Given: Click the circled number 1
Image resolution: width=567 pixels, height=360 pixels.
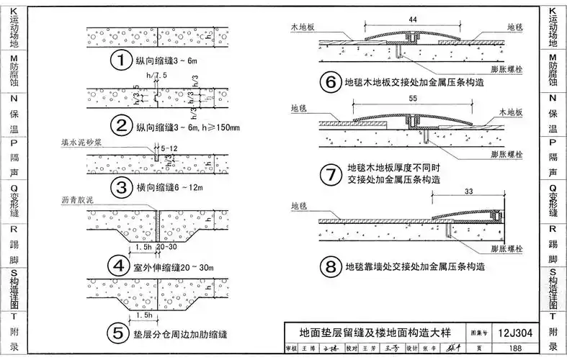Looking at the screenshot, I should [x=122, y=60].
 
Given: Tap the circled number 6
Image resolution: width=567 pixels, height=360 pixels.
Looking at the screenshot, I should [x=331, y=84].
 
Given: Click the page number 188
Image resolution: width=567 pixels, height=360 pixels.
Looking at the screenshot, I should [x=514, y=348].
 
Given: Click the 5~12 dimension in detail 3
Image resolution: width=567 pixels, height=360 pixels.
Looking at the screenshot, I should [x=171, y=149].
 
